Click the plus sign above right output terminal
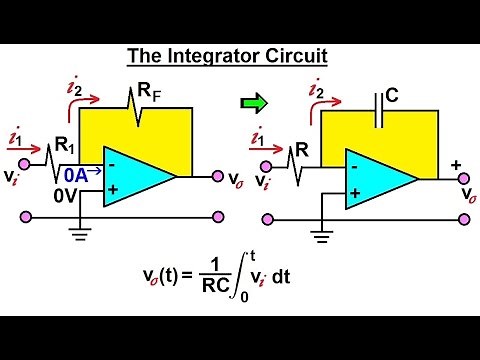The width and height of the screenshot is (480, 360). click(x=456, y=163)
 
